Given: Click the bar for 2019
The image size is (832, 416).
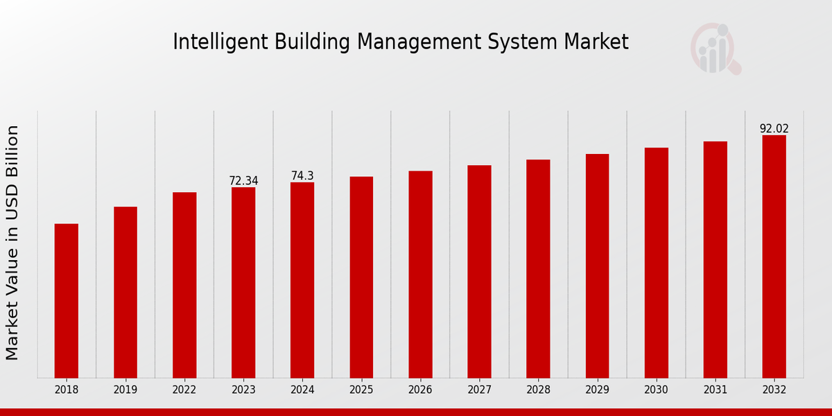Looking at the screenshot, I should [125, 292].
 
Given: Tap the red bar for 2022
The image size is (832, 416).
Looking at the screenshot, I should [184, 285].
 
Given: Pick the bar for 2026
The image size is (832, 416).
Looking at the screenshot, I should [420, 274].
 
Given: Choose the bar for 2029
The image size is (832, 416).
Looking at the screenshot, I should [597, 266].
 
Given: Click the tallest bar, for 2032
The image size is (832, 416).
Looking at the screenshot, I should [774, 257].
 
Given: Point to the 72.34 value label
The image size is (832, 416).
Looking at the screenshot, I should [243, 181].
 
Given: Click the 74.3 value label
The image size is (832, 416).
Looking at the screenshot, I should [302, 176].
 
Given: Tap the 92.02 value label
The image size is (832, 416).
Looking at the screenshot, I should [774, 129].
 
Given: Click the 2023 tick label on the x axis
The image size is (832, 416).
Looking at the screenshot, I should [243, 390].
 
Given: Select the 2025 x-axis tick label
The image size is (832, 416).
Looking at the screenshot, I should [361, 390].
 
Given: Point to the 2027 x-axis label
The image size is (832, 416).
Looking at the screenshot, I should [479, 390].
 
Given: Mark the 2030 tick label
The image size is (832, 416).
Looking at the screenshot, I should [656, 390].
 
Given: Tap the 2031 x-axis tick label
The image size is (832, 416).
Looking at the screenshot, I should [715, 390].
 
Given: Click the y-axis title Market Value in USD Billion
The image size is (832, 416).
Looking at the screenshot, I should [12, 243].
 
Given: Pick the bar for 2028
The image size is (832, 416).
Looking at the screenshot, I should [538, 268].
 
